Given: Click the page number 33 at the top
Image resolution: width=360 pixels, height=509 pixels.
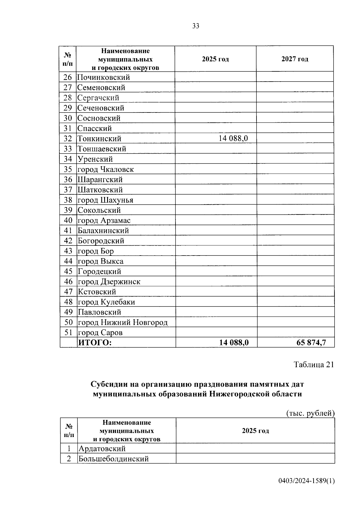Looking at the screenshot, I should coord(195,26).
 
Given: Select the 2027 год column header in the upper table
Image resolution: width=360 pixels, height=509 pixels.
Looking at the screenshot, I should coord(295,59).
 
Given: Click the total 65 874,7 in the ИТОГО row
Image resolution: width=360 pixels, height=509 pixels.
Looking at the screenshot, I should coord(311,343).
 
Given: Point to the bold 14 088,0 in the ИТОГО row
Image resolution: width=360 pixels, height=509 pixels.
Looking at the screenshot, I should coord(234,343).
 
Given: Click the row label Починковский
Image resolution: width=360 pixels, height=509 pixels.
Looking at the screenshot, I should coord(103,77).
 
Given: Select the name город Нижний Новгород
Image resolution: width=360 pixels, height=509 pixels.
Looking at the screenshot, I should coord(123,322).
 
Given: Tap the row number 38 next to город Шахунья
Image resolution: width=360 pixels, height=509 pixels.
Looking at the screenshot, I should coord(68,200).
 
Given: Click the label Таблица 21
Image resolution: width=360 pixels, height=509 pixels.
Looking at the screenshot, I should coord(313,364).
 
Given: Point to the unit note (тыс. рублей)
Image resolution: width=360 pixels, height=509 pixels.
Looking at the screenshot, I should coord(310,413).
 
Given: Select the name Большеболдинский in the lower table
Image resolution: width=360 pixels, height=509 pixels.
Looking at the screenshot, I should coord(113,459).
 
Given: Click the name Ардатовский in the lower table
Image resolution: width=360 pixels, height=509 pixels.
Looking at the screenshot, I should coord(102,449).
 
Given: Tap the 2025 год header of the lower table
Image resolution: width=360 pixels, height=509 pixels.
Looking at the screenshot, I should coord(255,431).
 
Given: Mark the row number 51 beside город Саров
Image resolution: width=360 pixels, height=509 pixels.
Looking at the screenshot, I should coord(68,332).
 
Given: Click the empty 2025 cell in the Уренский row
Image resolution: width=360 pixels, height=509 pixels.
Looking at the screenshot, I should coord(215,159).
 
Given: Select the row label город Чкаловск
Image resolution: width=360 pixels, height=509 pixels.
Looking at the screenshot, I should coord(106,169).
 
